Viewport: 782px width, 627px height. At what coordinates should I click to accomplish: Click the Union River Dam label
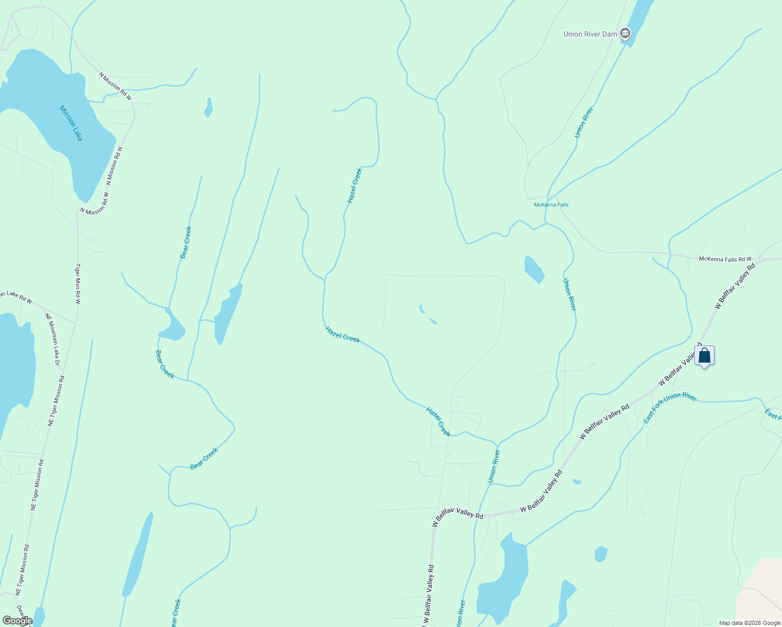590,34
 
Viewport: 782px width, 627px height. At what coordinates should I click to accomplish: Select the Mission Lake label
71,123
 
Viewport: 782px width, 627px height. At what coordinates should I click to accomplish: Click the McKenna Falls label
551,205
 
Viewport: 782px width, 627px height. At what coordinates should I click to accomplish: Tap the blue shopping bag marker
704,356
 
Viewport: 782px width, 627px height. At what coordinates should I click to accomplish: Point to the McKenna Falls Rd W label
725,259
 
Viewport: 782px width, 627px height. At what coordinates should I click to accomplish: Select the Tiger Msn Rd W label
78,283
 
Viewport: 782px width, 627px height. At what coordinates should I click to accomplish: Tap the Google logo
17,621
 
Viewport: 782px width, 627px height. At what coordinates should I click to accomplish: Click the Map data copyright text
749,623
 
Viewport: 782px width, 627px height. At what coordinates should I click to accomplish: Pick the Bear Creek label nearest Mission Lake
186,242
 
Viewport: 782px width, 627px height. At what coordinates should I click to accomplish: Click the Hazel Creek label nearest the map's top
354,185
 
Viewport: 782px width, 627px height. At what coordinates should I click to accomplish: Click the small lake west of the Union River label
534,269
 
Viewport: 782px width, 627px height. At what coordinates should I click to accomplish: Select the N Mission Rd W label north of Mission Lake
115,86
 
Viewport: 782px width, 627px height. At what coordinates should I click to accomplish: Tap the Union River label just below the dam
584,122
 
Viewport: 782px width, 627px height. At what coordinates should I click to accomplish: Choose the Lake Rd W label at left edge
16,297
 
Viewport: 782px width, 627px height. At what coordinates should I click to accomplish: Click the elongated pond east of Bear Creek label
228,313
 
